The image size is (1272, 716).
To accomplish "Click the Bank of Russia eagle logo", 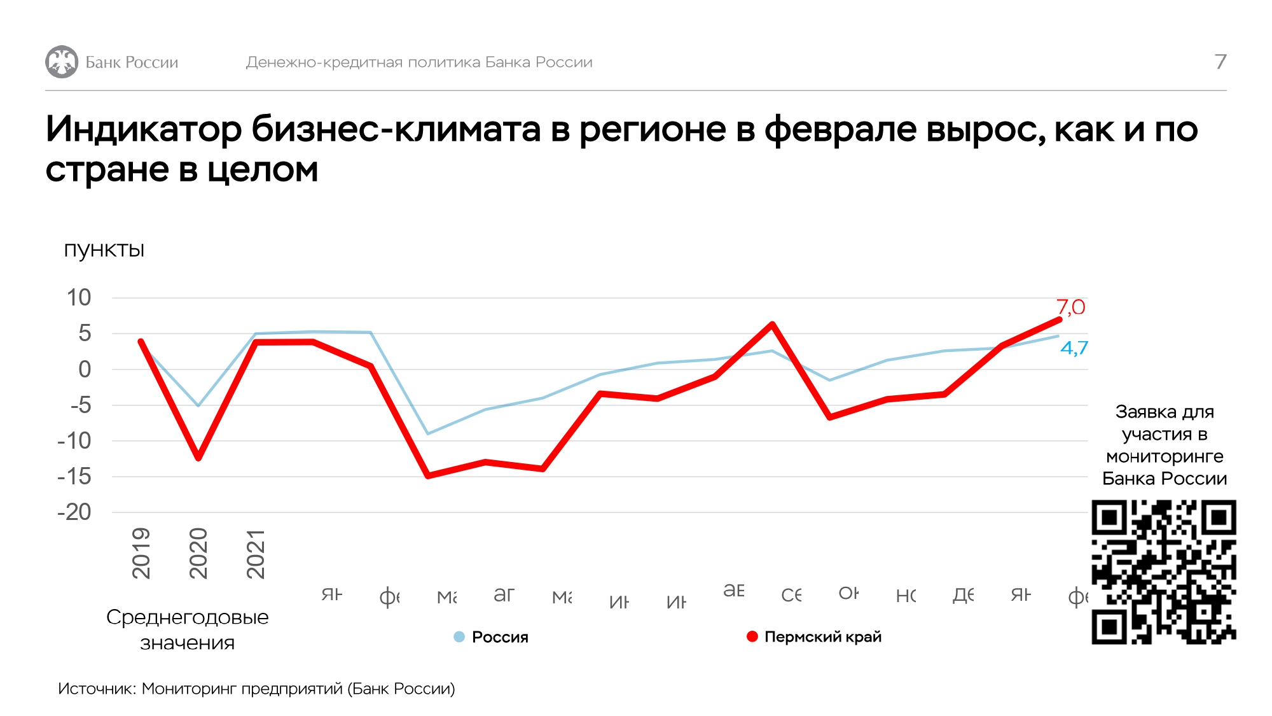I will pyautogui.click(x=62, y=62).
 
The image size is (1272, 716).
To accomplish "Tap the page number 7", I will pyautogui.click(x=1220, y=62).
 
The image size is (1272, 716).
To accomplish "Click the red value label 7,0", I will pyautogui.click(x=1070, y=307).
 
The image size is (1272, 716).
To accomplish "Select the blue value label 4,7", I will pyautogui.click(x=1074, y=348).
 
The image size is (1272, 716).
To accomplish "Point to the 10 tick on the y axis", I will pyautogui.click(x=79, y=297).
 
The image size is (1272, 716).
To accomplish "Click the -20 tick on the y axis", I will pyautogui.click(x=75, y=512).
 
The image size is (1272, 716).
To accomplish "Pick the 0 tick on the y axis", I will pyautogui.click(x=85, y=369).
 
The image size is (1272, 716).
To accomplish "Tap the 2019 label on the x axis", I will pyautogui.click(x=141, y=552).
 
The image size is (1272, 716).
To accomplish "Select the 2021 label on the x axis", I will pyautogui.click(x=256, y=552).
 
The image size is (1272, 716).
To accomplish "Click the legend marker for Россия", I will pyautogui.click(x=459, y=636).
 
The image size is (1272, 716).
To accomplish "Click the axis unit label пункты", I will pyautogui.click(x=104, y=249).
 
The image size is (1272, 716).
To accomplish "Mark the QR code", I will pyautogui.click(x=1164, y=572).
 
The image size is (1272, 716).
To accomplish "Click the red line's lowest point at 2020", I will pyautogui.click(x=198, y=457).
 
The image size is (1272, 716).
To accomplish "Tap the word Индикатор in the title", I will pyautogui.click(x=144, y=129).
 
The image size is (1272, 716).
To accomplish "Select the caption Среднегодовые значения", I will pyautogui.click(x=188, y=629).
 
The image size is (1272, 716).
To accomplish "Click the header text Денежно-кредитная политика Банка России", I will pyautogui.click(x=419, y=62).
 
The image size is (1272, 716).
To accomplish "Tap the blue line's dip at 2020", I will pyautogui.click(x=198, y=405).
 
